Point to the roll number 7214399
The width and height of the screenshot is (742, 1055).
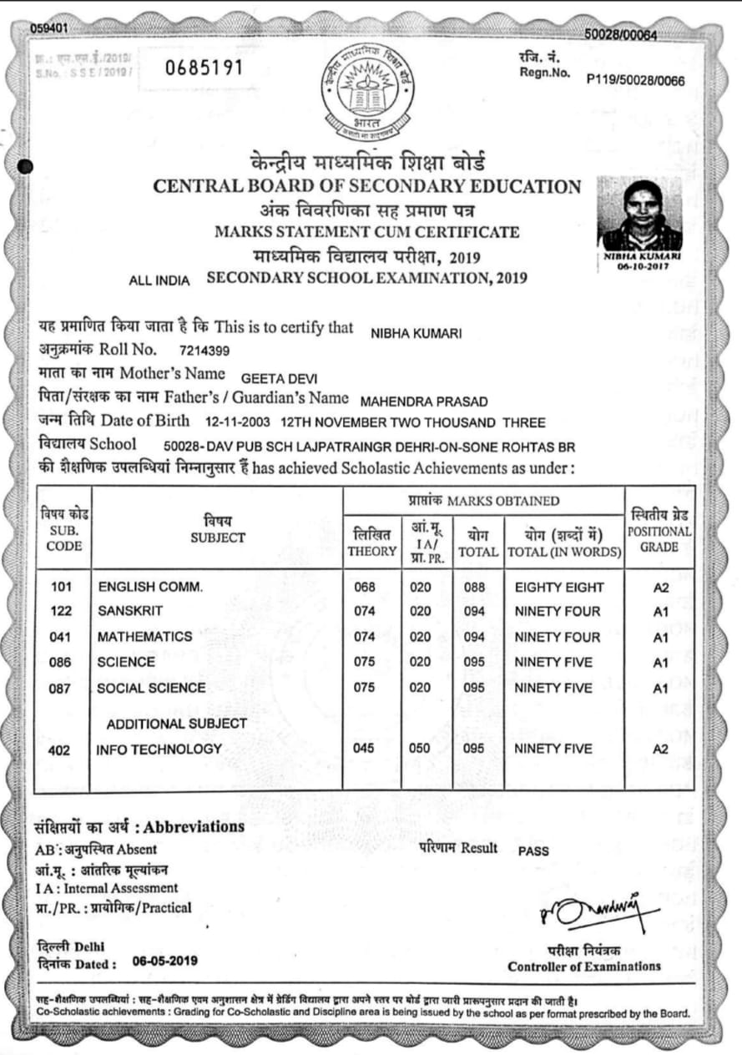[x=204, y=350]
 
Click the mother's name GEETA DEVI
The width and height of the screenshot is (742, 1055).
[x=279, y=378]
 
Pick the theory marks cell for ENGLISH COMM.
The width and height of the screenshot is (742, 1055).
[x=364, y=588]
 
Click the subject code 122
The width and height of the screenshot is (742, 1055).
[x=62, y=612]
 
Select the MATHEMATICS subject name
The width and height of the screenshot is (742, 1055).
[x=144, y=637]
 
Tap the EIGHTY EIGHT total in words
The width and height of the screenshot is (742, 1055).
[x=559, y=588]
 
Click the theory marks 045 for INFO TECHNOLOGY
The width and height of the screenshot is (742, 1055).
[x=364, y=749]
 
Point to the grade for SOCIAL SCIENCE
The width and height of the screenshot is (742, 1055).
[x=661, y=689]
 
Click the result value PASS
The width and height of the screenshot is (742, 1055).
[x=534, y=851]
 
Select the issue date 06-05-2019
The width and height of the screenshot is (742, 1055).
[x=165, y=961]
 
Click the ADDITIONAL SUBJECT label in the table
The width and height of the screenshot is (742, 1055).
[x=176, y=723]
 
